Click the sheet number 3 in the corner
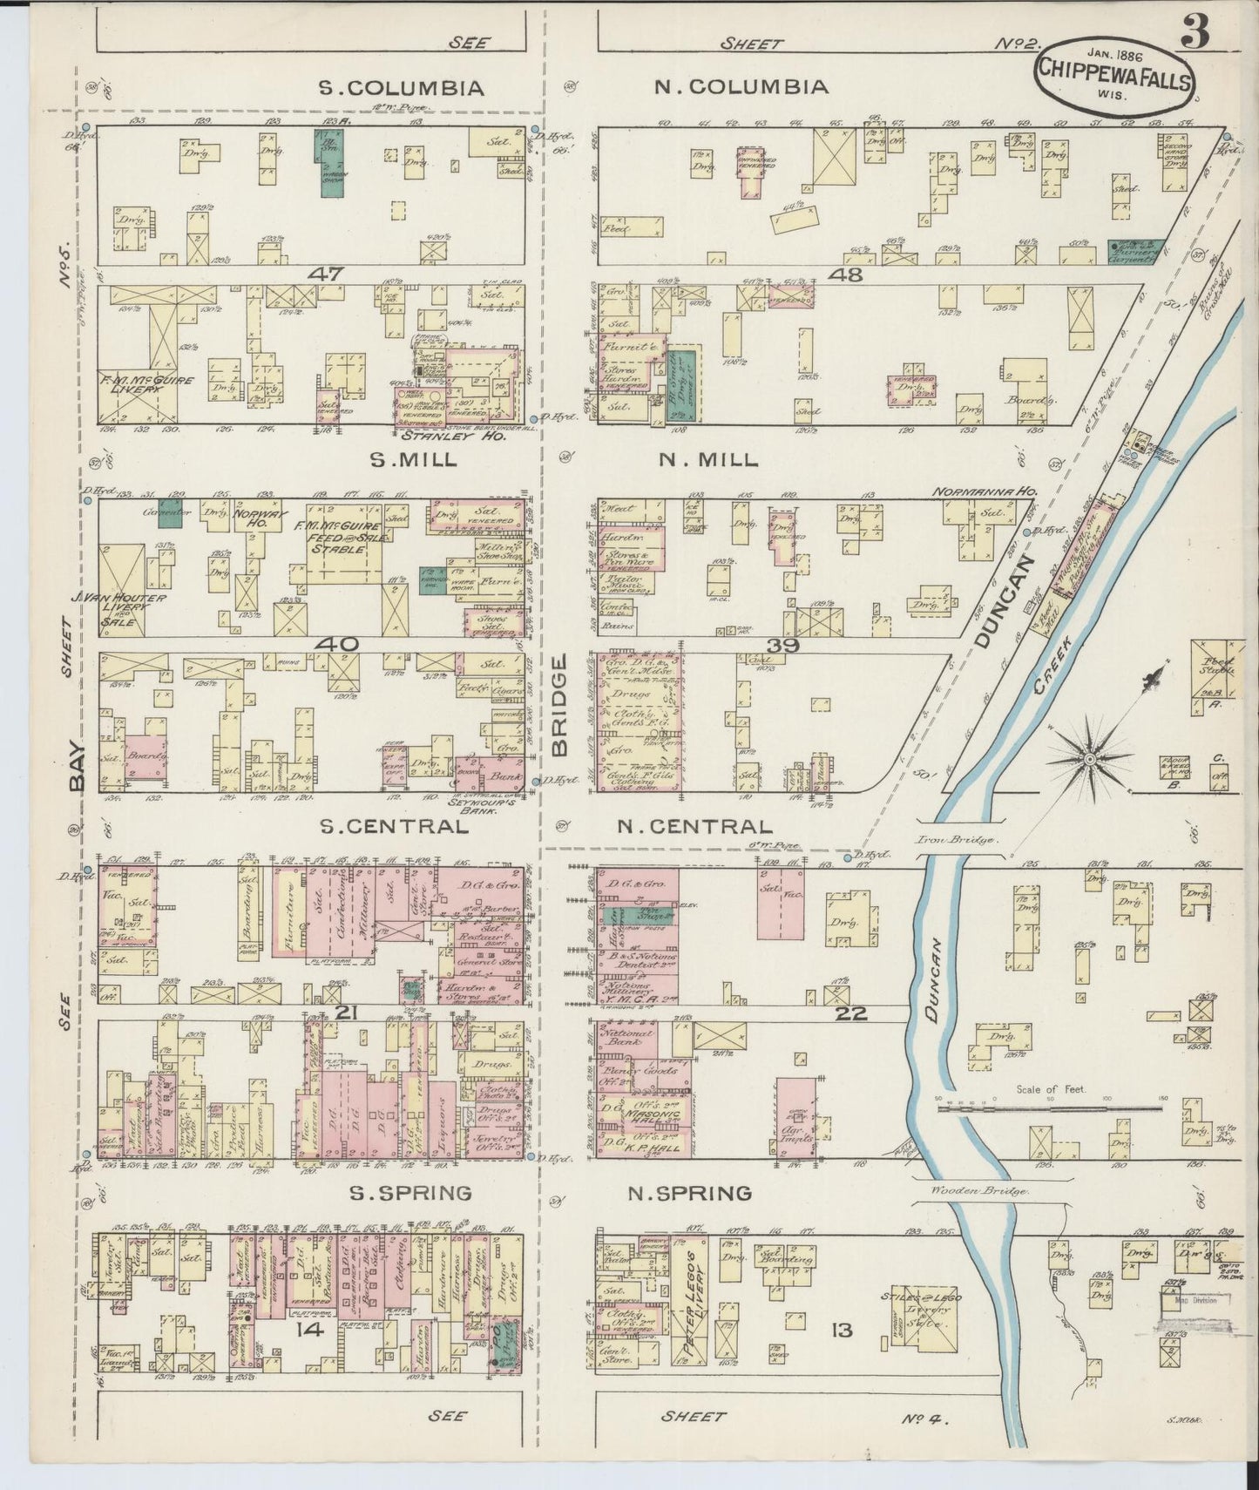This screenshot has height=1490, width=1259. [1196, 35]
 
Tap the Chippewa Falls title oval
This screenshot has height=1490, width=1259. [1114, 72]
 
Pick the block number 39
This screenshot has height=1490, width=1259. [783, 644]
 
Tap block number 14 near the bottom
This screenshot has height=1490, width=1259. [309, 1330]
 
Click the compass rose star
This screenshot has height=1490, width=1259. [1089, 759]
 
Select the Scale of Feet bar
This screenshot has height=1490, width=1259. [1049, 1101]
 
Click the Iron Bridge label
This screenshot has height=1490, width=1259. [961, 840]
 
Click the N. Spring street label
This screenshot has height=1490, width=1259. [690, 1193]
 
